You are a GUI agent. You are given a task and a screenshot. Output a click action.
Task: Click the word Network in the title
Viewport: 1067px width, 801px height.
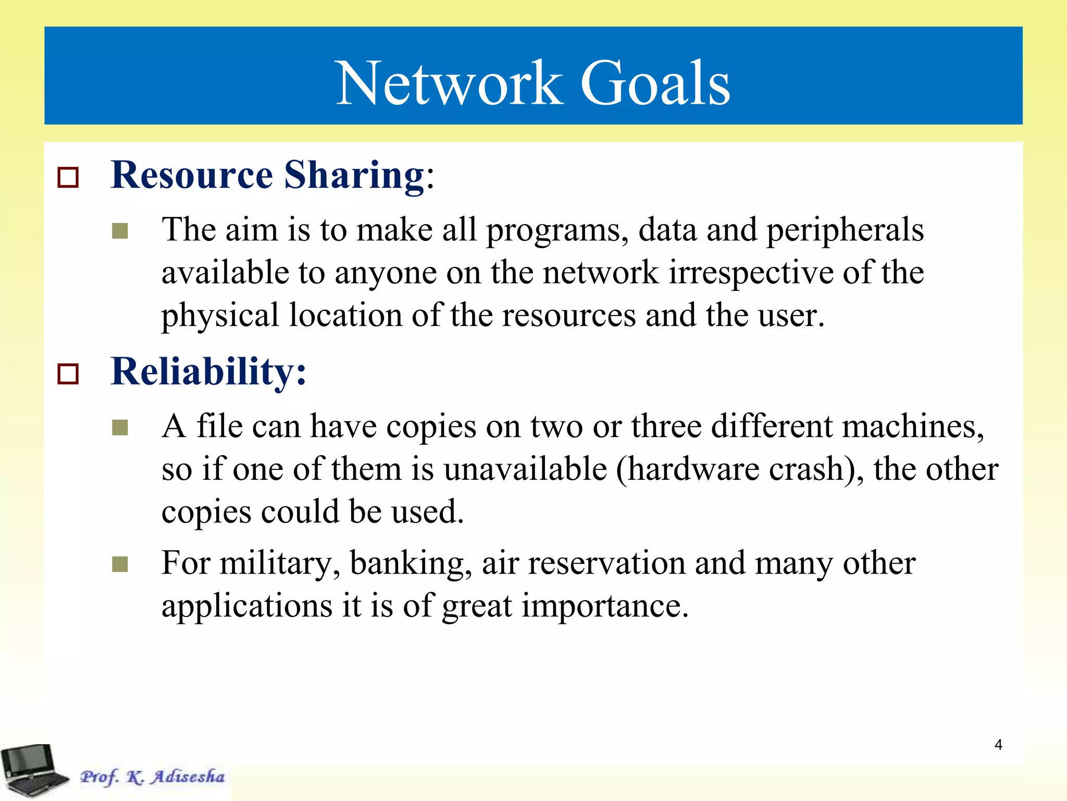[x=449, y=83]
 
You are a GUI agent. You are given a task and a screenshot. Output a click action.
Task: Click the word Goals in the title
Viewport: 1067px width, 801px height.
[x=655, y=83]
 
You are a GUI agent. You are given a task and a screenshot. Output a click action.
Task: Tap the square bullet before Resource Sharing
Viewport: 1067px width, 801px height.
[x=68, y=177]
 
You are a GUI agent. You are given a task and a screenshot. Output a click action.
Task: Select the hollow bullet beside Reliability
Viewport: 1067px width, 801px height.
[x=68, y=374]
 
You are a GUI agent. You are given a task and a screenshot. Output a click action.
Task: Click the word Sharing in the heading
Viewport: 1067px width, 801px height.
[x=354, y=175]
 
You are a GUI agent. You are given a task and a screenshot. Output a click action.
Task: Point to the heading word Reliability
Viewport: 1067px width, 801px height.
[x=203, y=371]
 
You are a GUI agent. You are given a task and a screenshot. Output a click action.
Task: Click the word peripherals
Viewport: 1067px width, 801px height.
[x=845, y=230]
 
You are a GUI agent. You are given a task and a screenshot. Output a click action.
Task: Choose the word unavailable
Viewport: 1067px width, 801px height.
[x=525, y=469]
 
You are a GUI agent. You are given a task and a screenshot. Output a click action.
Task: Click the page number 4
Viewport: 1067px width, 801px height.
[x=998, y=745]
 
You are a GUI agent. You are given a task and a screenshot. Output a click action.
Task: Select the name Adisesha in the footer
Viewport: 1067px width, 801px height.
[x=188, y=776]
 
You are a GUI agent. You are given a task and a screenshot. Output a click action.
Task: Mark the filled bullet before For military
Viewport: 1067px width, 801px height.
[x=120, y=564]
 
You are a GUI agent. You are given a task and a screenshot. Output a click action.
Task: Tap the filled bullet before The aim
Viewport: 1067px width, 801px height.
[x=120, y=231]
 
